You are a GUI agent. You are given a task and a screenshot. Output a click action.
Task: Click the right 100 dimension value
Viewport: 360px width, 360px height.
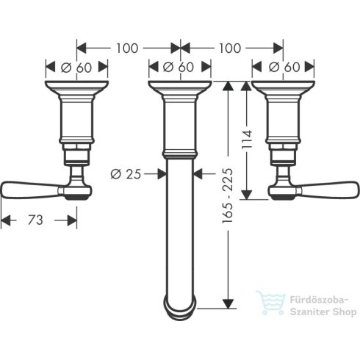[231, 48]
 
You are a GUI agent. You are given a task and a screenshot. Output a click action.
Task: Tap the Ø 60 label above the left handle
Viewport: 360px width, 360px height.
[77, 67]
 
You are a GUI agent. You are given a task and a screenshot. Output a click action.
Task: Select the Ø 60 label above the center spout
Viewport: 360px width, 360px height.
[180, 67]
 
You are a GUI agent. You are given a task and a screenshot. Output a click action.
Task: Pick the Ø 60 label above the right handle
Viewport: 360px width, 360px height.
[283, 67]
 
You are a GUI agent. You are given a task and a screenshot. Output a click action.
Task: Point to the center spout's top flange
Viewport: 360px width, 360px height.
[180, 89]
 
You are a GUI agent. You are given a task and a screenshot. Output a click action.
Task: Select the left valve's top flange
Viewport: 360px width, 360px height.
[77, 89]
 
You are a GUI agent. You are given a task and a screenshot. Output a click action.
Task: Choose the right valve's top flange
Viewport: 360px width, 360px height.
[283, 89]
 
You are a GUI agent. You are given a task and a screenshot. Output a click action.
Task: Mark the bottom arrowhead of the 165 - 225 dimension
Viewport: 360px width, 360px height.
[230, 303]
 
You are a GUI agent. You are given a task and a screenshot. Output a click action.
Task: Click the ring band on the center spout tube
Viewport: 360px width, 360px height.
[180, 154]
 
